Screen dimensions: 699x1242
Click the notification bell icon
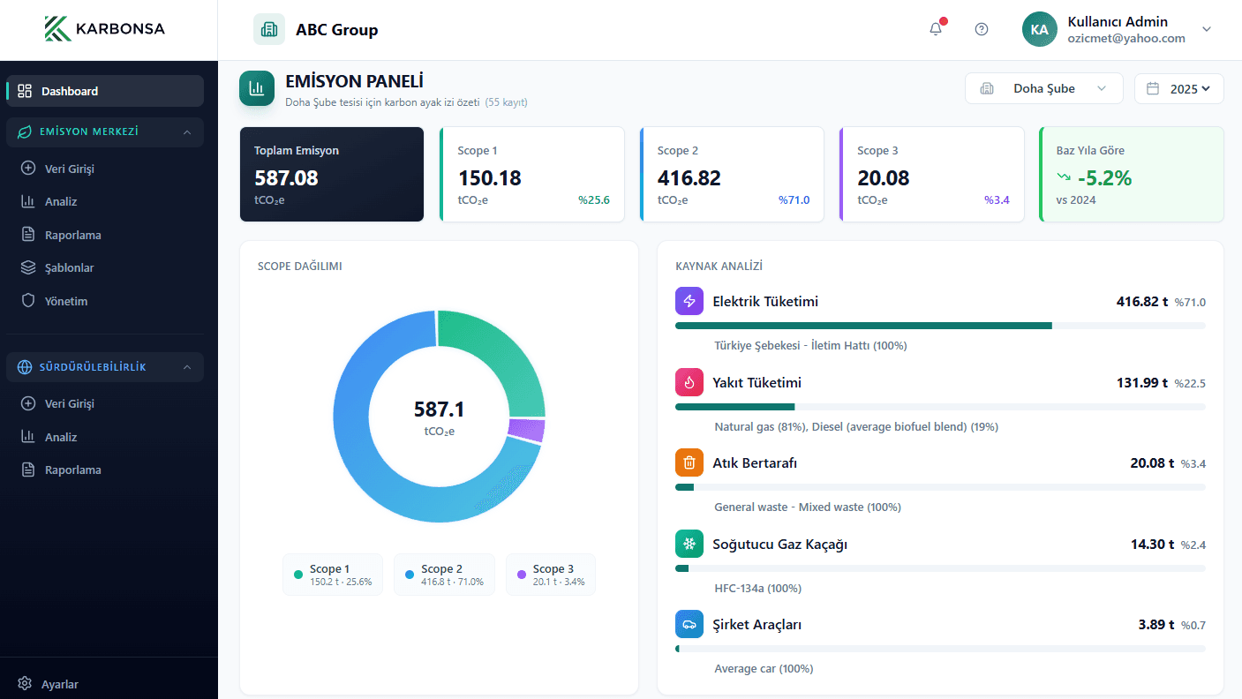(936, 29)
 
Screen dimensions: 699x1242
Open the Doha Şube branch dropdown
(1043, 88)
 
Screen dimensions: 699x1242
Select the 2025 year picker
(1178, 88)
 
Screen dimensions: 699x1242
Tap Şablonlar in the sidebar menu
(69, 267)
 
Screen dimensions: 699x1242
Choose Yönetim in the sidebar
(66, 301)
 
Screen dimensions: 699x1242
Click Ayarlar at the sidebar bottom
(59, 684)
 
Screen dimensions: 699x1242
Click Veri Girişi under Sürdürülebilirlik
(69, 403)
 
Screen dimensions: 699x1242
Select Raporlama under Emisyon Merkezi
(72, 235)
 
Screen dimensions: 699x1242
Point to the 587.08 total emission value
(286, 178)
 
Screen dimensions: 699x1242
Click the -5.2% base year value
(1104, 178)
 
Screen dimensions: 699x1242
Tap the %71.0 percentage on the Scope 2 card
(794, 200)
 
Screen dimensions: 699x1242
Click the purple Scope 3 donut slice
(526, 430)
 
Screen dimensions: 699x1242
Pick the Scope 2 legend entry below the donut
(444, 575)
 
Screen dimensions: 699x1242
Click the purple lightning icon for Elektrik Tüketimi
(689, 301)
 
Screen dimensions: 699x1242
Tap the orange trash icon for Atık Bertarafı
(689, 462)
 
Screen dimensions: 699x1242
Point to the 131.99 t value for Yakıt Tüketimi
(1141, 383)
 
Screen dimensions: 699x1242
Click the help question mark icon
(982, 29)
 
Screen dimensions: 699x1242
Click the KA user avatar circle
(1039, 29)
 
